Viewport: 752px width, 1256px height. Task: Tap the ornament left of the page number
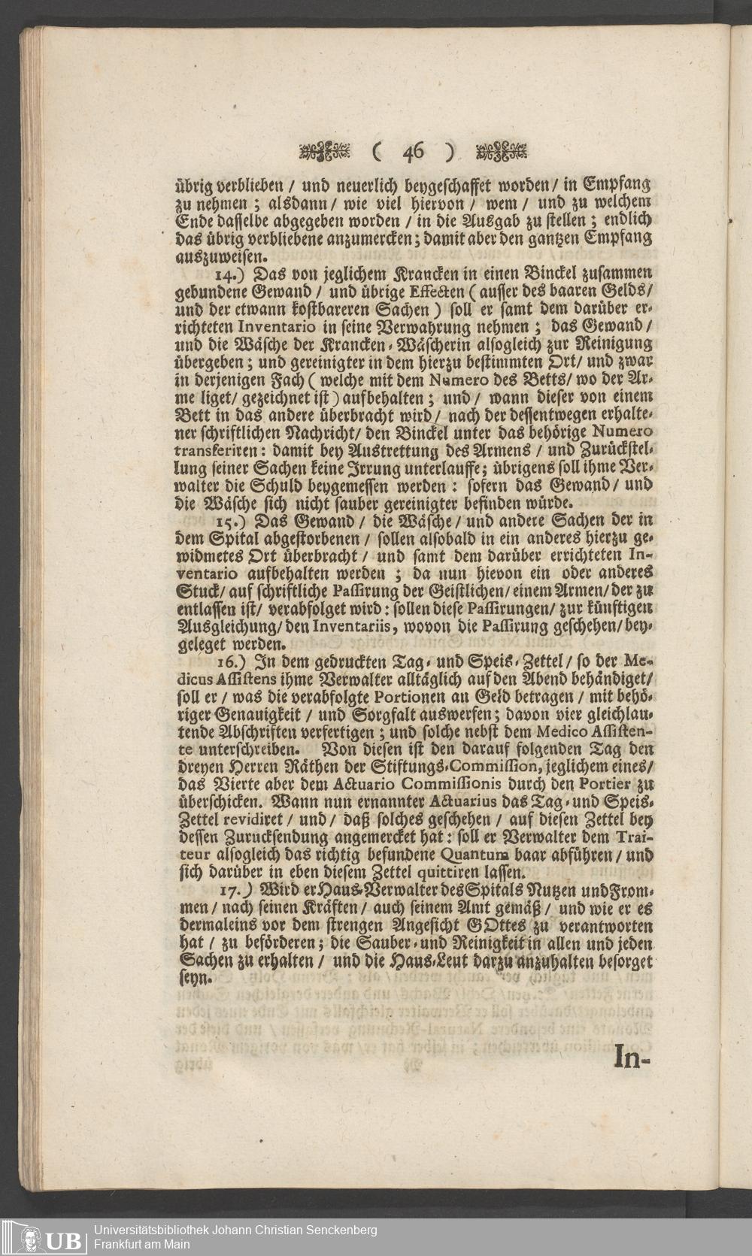325,153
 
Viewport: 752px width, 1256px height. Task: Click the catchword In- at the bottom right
631,1056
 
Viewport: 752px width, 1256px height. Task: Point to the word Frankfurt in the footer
118,1243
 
